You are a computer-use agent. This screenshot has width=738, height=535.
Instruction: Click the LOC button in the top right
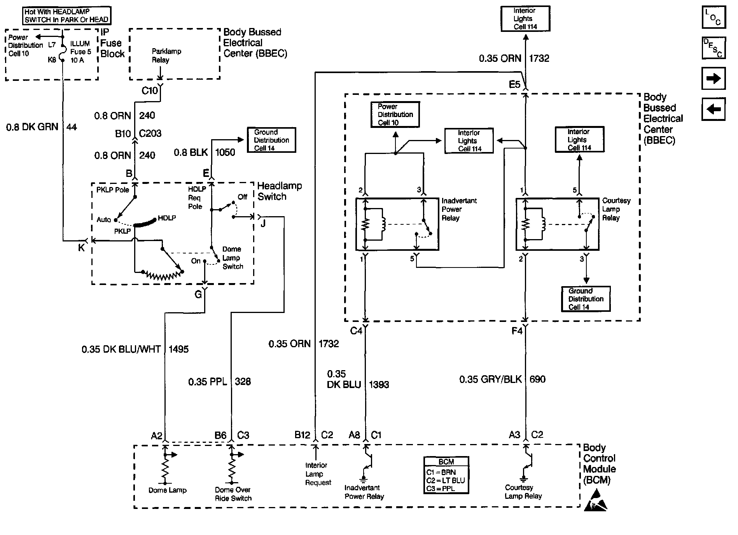point(714,17)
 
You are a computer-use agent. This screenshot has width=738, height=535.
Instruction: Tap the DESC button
point(714,48)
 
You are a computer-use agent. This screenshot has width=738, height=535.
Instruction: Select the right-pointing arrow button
point(714,79)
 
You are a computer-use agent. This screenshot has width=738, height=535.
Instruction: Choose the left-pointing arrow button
point(714,109)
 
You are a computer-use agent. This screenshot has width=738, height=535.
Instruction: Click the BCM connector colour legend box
point(446,475)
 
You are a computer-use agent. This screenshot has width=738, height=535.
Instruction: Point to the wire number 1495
point(178,349)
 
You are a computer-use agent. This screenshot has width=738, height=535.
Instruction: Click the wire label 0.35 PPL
point(208,382)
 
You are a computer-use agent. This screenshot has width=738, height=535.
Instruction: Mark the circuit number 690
point(537,379)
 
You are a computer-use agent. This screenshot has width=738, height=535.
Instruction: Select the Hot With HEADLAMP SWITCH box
point(66,16)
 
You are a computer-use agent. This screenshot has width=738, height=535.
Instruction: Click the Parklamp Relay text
point(166,56)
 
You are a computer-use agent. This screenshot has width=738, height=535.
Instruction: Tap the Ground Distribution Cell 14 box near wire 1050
point(271,140)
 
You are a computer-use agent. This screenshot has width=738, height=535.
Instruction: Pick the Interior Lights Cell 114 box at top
point(525,19)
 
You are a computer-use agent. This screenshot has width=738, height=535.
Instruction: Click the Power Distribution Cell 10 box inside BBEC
point(395,115)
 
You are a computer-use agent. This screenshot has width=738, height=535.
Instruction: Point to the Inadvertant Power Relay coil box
point(397,224)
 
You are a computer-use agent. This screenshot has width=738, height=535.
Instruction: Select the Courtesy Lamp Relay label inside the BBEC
point(616,209)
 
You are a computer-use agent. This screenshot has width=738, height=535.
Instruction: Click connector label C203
point(150,133)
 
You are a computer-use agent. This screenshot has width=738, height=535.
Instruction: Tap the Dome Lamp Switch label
point(232,258)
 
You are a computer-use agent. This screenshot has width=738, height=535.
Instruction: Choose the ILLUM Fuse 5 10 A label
point(80,52)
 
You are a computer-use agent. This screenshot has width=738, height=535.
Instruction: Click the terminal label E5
point(514,84)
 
